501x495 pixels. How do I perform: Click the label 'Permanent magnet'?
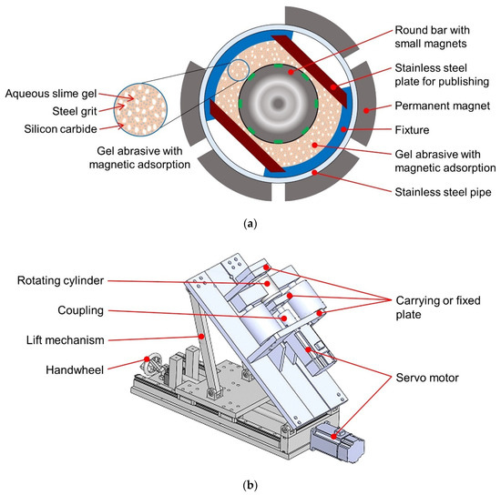tap(442, 106)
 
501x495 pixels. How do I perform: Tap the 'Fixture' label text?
tap(412, 130)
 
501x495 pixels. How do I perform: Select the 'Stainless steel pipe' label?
tap(443, 192)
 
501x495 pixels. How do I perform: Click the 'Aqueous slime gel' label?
tap(51, 94)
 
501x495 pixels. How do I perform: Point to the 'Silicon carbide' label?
tap(60, 129)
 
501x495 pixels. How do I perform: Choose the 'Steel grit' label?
tap(75, 111)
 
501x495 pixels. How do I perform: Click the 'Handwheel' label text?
tap(75, 370)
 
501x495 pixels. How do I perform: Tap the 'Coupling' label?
tap(80, 310)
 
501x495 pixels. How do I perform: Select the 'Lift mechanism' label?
tap(66, 340)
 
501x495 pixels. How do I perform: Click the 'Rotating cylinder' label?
tap(60, 280)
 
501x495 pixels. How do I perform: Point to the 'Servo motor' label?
tap(427, 378)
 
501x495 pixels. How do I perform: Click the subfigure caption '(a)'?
tap(250, 224)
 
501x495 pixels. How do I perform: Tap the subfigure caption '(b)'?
tap(250, 485)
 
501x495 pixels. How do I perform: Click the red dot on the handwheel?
tap(147, 359)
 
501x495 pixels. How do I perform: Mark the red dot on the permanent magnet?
tap(366, 110)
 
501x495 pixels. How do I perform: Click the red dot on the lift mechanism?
tap(201, 336)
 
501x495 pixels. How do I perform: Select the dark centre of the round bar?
tap(279, 103)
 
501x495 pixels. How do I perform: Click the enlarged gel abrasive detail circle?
tap(140, 110)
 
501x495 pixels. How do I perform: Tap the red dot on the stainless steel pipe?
tap(314, 172)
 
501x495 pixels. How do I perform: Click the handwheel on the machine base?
tap(152, 364)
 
